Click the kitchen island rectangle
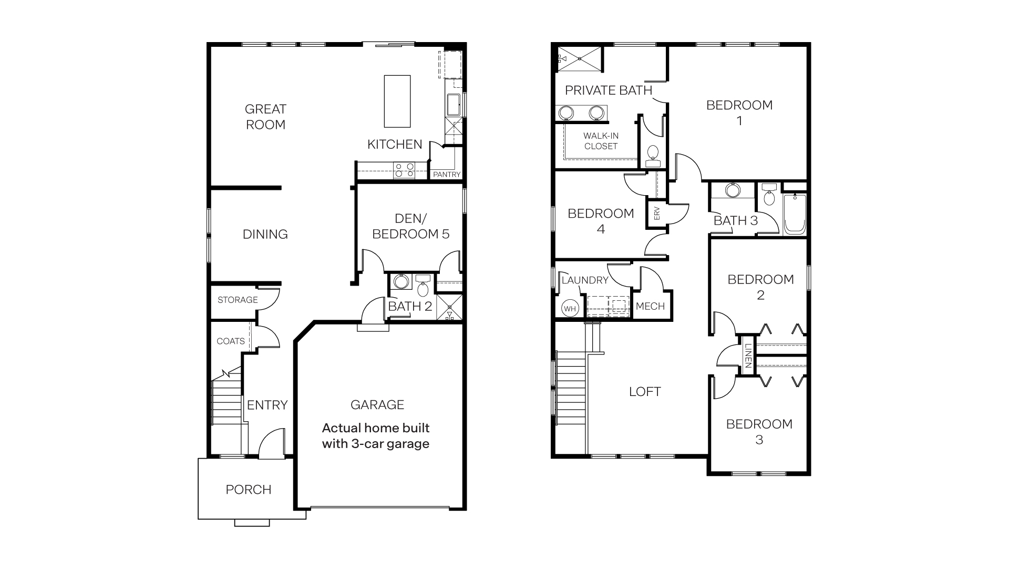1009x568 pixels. click(x=397, y=101)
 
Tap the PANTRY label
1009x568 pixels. click(x=446, y=175)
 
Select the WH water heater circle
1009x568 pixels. click(x=570, y=309)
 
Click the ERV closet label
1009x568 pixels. click(x=656, y=214)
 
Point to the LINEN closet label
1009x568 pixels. click(x=747, y=356)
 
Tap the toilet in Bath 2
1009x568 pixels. click(x=423, y=288)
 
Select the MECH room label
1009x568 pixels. click(x=650, y=307)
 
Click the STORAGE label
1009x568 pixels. click(x=238, y=300)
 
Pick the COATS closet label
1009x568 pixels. click(x=231, y=341)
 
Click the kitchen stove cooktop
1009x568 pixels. click(x=404, y=170)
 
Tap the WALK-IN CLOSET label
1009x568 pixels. click(x=601, y=141)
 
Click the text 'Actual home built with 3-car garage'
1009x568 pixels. click(x=376, y=436)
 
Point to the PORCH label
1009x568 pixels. click(x=249, y=490)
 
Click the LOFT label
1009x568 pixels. click(x=645, y=392)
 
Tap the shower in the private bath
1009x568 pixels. click(x=579, y=58)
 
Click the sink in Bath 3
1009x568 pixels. click(x=732, y=190)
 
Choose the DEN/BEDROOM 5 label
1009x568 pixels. click(x=410, y=226)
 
